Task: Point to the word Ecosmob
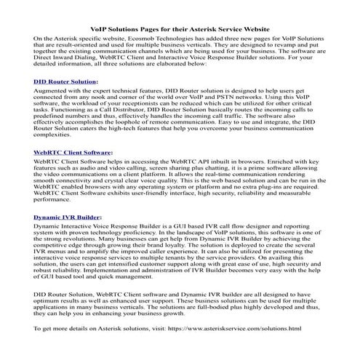tap(154, 36)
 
